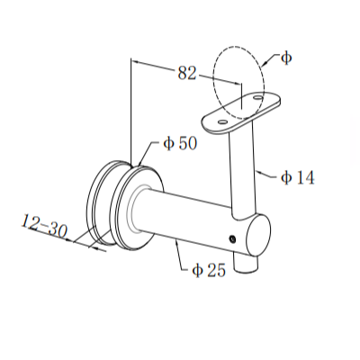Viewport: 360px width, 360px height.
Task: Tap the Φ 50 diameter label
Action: tap(180, 144)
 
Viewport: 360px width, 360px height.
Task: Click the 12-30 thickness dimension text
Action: tap(46, 229)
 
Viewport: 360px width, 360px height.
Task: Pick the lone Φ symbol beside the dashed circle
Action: tap(285, 58)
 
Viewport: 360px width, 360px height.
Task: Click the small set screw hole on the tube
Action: tap(232, 238)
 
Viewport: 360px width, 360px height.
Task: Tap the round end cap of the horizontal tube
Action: tap(256, 237)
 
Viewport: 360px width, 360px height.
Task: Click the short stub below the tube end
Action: tap(245, 264)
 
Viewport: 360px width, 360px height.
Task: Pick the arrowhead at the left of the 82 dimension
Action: tap(135, 62)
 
